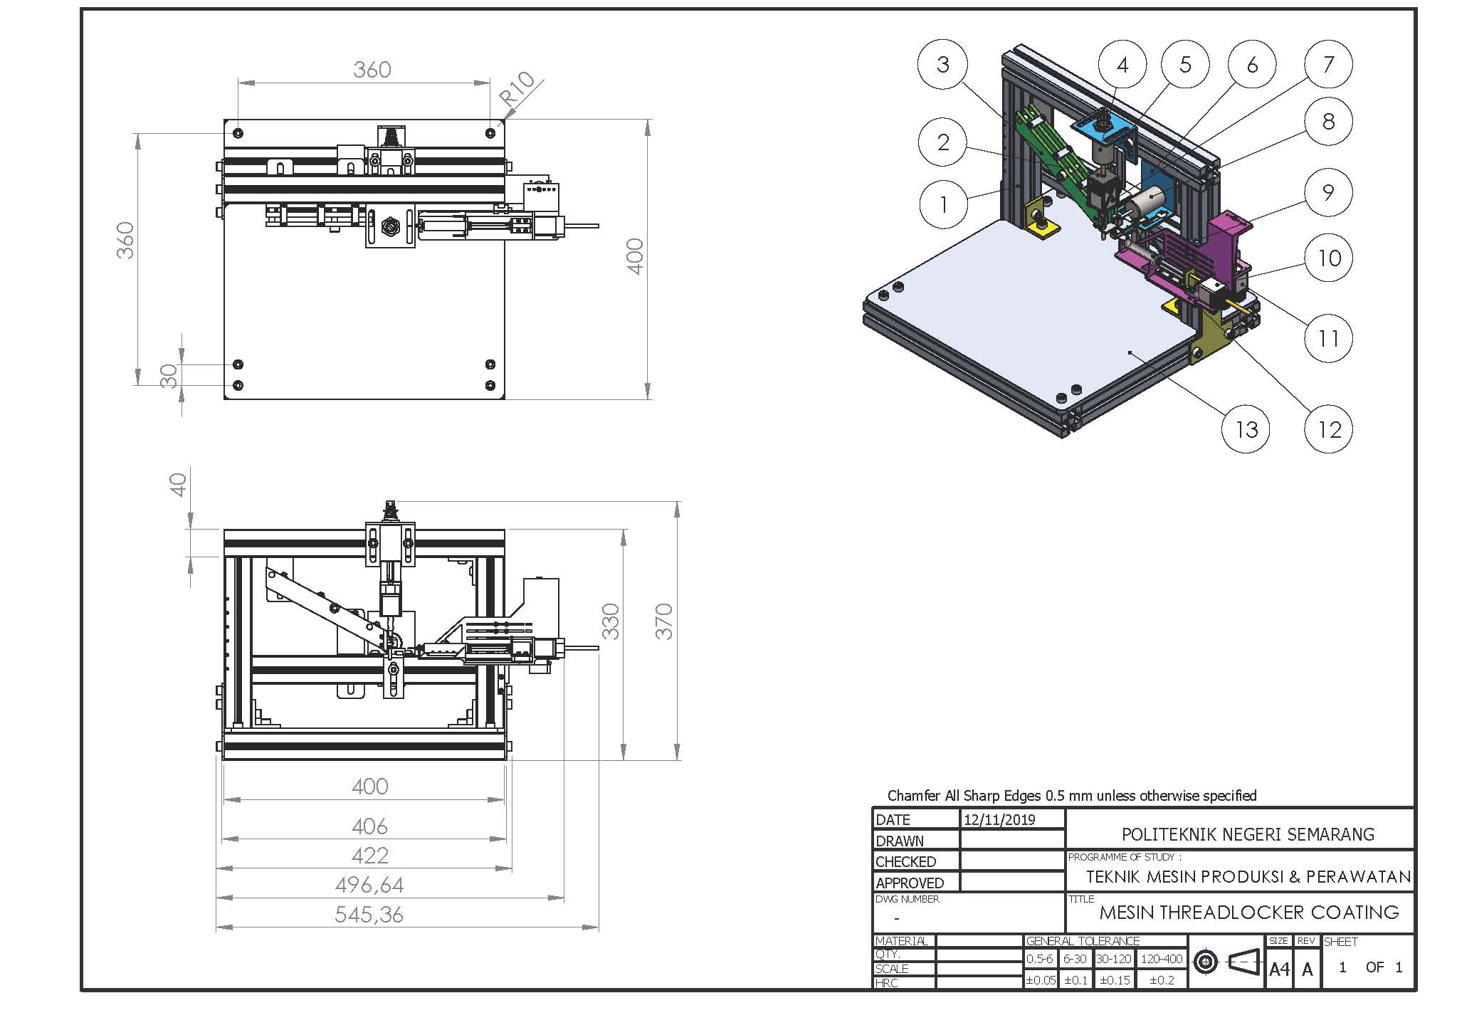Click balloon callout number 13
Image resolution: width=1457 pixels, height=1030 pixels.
tap(1246, 429)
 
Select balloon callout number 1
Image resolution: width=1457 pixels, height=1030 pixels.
tap(943, 204)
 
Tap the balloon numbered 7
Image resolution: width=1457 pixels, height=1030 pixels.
tap(1328, 65)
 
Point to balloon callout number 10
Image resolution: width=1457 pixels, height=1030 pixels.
tap(1328, 258)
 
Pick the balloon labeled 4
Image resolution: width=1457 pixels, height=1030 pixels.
tap(1122, 65)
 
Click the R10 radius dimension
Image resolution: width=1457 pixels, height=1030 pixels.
tap(517, 90)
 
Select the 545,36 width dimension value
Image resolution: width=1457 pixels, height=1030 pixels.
tap(369, 914)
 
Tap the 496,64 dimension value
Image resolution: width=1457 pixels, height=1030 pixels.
tap(369, 885)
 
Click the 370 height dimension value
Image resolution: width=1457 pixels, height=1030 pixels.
tap(663, 621)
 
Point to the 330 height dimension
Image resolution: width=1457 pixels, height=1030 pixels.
tap(611, 621)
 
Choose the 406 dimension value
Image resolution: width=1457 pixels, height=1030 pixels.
tap(369, 826)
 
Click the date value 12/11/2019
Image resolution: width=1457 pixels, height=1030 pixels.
tap(999, 819)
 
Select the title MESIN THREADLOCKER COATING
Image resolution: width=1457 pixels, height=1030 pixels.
tap(1249, 912)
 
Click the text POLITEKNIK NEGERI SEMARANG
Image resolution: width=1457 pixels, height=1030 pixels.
tap(1248, 834)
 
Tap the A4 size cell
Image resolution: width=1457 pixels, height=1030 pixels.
tap(1279, 969)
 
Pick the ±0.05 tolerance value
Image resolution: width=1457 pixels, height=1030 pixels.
tap(1041, 980)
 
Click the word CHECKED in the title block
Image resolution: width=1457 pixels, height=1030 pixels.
tap(905, 861)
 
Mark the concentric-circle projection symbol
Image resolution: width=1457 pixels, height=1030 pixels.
tap(1205, 963)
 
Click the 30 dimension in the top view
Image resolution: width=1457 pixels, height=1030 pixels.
tap(169, 375)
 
